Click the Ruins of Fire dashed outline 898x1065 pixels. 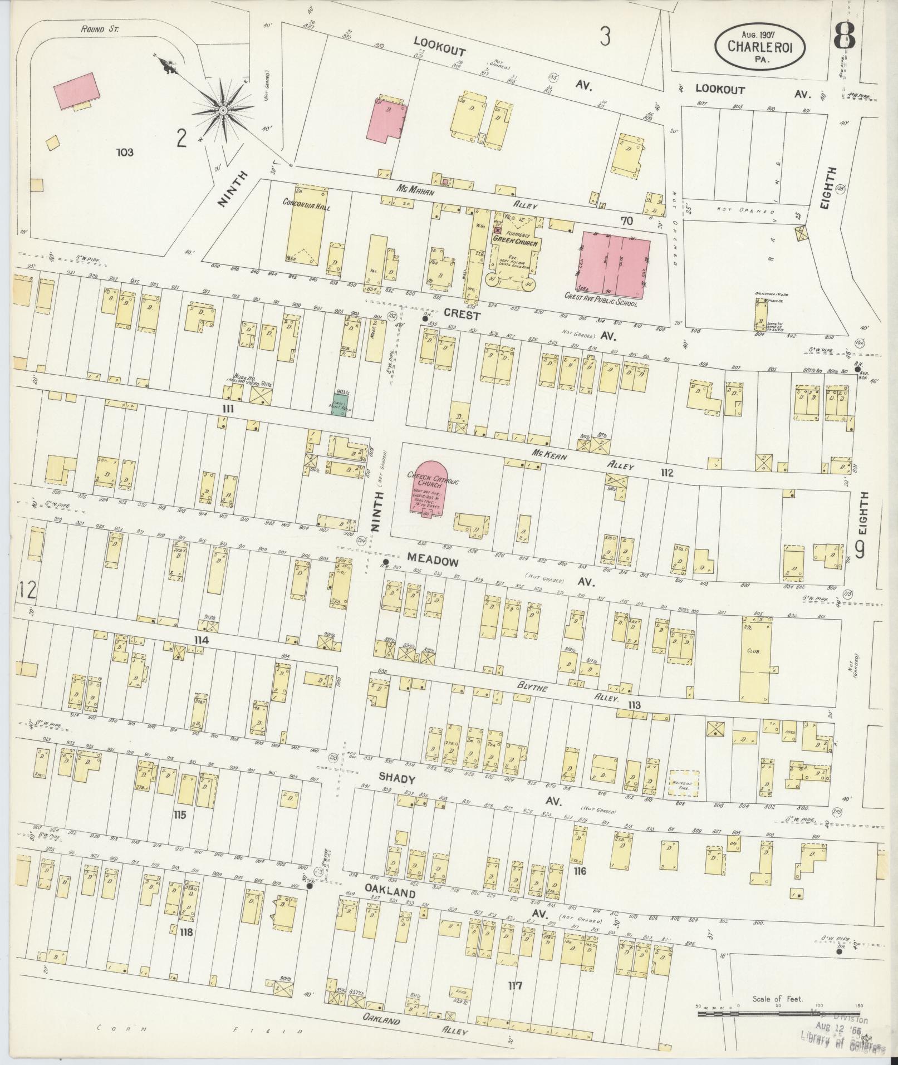(684, 784)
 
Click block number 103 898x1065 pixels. (125, 151)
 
